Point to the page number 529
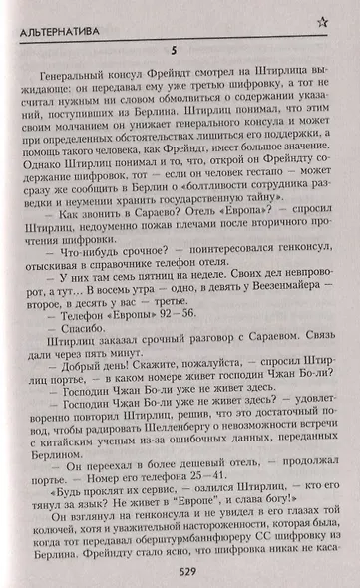[x=180, y=570]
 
